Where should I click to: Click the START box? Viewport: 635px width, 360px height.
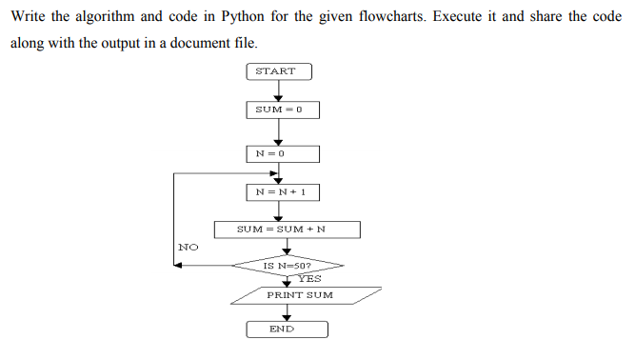[x=279, y=71]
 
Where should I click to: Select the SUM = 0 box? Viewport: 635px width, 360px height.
[x=279, y=110]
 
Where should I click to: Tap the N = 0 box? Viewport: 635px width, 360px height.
[x=279, y=153]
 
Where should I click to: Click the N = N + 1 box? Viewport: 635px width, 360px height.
[x=279, y=191]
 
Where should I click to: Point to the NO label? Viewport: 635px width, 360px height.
[x=189, y=248]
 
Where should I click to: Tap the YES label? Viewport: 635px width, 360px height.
[x=309, y=279]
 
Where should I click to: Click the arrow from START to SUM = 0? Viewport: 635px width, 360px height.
[x=279, y=90]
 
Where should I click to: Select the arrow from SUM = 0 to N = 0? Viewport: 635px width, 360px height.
[x=279, y=131]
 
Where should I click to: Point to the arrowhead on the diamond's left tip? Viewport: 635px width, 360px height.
[x=178, y=266]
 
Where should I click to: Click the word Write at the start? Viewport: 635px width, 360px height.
[x=30, y=18]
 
